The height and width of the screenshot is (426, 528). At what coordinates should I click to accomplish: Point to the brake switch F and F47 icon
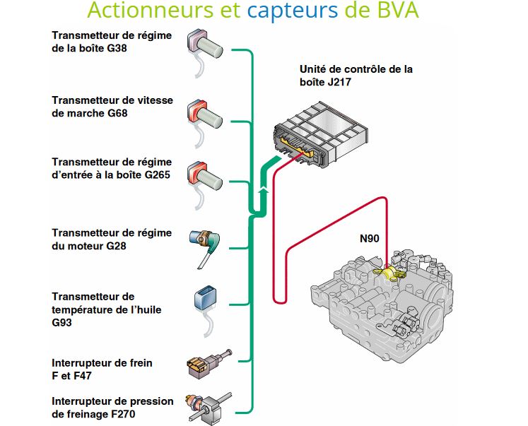(x=201, y=363)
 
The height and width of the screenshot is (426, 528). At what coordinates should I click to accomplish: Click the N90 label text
(x=370, y=239)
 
